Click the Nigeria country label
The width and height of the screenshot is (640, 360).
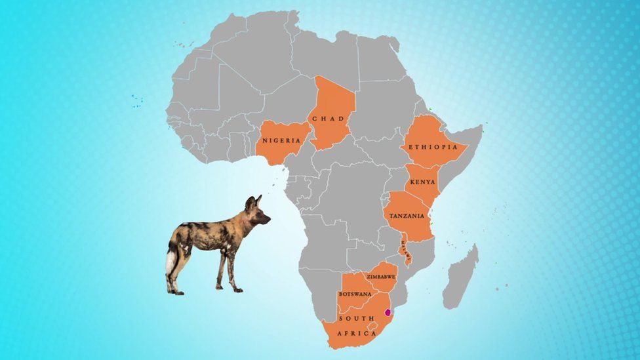(x=281, y=140)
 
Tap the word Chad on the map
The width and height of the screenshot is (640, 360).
(x=328, y=119)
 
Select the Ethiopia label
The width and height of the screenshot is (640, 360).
(x=433, y=147)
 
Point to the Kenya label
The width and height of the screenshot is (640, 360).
(x=421, y=182)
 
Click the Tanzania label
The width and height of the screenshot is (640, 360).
(x=406, y=216)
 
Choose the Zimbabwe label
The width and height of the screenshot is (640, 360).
(x=381, y=277)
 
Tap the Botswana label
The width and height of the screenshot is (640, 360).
(x=355, y=294)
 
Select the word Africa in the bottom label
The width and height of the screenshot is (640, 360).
(x=357, y=333)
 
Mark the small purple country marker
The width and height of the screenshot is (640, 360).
(x=388, y=312)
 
